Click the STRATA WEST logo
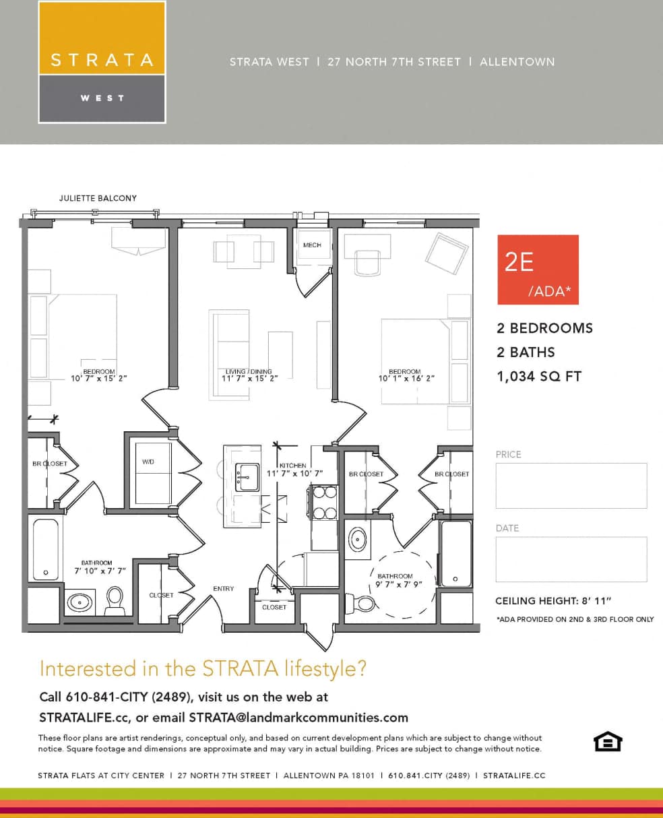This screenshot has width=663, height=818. (102, 62)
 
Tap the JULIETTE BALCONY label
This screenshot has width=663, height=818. (98, 198)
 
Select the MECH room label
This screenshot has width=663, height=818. (312, 245)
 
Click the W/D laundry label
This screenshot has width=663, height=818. (148, 462)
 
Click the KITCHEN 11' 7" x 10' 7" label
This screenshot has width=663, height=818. (294, 470)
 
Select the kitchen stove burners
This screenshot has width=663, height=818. (325, 503)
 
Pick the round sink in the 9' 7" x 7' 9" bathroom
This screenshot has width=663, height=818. (358, 540)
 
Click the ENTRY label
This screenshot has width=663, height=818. (223, 588)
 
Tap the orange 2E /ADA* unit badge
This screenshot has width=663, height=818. (538, 270)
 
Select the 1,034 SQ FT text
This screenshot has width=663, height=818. (538, 377)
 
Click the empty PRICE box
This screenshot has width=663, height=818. (571, 485)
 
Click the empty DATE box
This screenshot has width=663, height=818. (571, 559)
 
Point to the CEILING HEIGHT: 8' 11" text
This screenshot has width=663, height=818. (553, 600)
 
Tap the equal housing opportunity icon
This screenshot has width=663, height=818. (607, 741)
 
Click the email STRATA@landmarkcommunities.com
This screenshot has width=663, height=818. (298, 717)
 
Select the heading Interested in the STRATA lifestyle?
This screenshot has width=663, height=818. (203, 668)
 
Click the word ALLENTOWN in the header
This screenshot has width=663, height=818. (517, 62)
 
